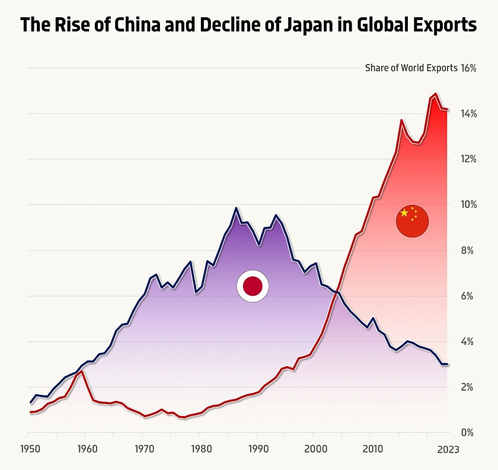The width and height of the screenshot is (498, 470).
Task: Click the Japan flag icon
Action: click(253, 286)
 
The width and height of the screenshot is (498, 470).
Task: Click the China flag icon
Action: click(412, 221)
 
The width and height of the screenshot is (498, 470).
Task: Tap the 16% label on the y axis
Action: click(468, 68)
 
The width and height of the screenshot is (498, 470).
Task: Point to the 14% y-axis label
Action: click(468, 114)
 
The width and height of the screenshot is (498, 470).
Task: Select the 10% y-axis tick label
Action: click(468, 205)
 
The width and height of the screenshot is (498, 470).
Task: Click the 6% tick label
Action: click(470, 296)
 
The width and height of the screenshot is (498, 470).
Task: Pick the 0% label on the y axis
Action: click(470, 433)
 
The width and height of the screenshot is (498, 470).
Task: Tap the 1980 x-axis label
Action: click(199, 449)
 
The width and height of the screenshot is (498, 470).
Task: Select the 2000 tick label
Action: click(314, 449)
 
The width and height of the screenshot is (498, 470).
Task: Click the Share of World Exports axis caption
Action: click(411, 68)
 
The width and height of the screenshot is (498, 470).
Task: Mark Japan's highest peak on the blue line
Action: click(236, 208)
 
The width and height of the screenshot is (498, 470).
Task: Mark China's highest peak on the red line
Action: click(436, 94)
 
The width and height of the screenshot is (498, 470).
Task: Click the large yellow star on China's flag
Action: click(404, 213)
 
